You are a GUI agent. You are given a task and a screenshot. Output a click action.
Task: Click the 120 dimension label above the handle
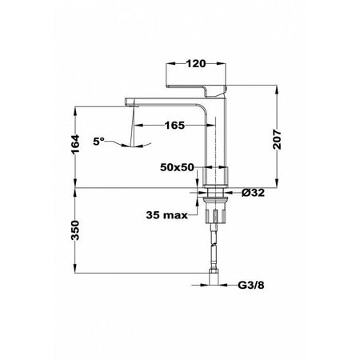196,64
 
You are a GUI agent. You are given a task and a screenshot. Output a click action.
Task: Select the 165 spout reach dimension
174,125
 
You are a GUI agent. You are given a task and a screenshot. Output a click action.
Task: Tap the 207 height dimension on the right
278,139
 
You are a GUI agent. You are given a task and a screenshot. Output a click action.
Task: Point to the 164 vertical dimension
75,144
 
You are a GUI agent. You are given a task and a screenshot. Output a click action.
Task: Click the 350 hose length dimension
75,230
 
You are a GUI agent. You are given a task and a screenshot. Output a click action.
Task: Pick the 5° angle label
98,141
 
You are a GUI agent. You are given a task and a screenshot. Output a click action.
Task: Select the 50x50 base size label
177,167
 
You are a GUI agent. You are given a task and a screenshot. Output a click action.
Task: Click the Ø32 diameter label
253,193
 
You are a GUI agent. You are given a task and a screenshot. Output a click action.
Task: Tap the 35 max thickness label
167,215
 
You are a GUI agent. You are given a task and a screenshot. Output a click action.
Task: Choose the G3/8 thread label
251,286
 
